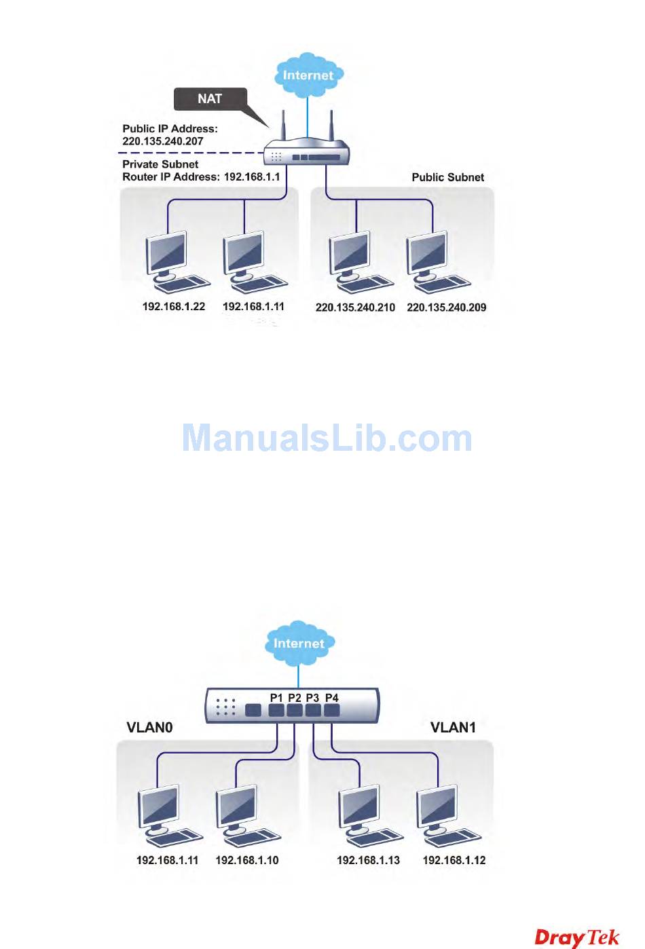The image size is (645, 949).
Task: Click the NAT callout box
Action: (210, 99)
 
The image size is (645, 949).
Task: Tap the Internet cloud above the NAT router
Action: (308, 75)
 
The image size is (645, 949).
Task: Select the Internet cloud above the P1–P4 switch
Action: (298, 642)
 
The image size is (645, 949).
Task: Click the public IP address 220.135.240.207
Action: (163, 141)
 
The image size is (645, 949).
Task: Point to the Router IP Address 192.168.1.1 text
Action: (201, 176)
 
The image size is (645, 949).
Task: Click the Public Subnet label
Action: (447, 177)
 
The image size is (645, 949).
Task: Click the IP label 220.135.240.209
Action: (446, 308)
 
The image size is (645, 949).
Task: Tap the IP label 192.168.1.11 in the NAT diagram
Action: (253, 307)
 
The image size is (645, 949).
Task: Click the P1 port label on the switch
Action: (276, 698)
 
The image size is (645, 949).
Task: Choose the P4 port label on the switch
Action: (331, 698)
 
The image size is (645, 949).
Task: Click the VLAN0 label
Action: (149, 728)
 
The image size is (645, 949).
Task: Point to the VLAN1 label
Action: (453, 728)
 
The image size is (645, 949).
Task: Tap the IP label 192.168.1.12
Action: (454, 860)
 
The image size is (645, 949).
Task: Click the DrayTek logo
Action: (576, 937)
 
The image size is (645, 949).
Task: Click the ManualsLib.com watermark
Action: (327, 438)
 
